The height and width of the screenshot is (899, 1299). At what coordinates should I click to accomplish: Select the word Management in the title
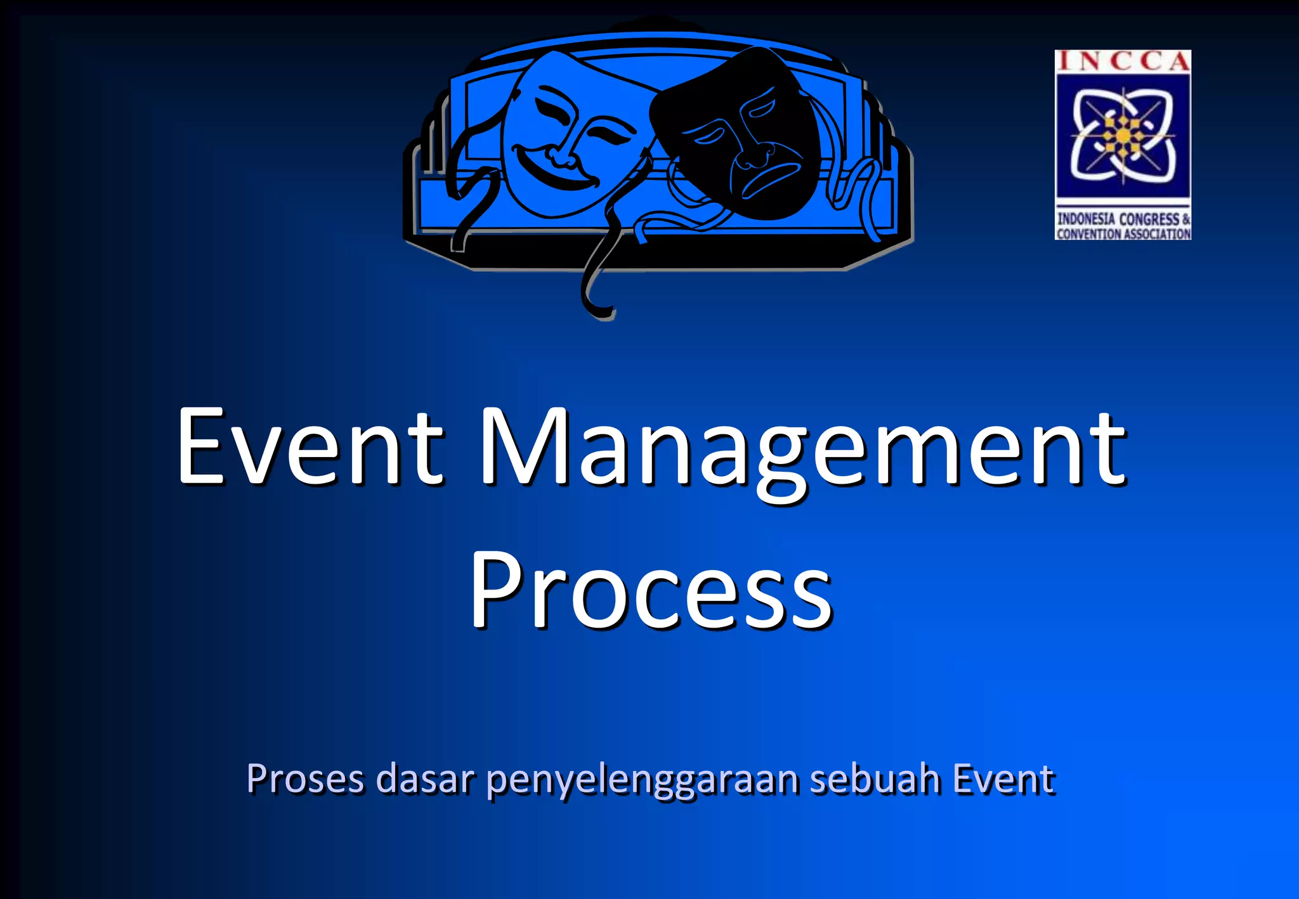point(802,450)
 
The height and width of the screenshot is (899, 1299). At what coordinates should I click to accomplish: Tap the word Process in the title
point(650,590)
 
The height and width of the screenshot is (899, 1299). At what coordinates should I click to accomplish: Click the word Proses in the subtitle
point(305,779)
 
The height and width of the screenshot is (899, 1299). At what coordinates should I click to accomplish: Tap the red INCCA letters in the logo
point(1123,61)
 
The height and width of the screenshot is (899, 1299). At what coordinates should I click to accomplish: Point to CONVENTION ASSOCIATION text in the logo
point(1123,234)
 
